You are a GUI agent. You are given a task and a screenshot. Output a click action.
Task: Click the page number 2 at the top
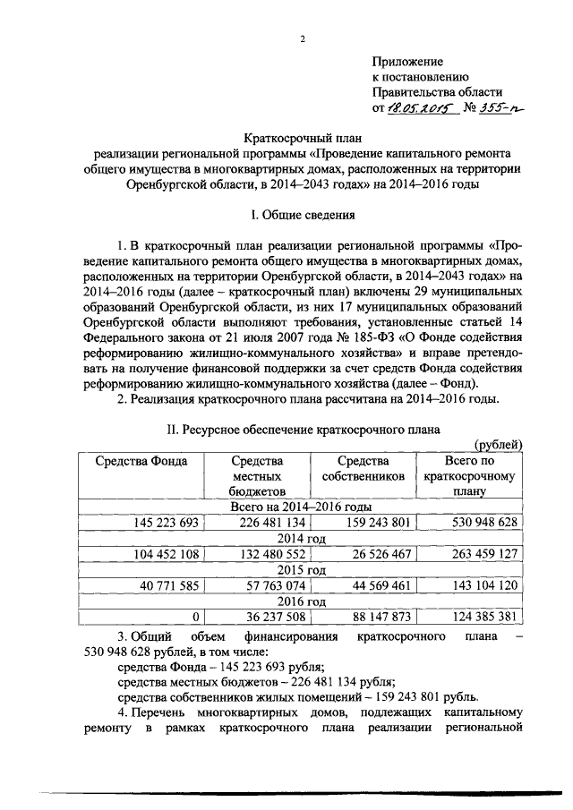pos(304,38)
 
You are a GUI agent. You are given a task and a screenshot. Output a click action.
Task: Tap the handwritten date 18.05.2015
pos(421,107)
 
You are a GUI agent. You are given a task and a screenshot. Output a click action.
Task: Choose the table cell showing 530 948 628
pos(478,523)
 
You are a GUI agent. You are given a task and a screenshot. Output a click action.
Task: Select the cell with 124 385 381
pos(478,618)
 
